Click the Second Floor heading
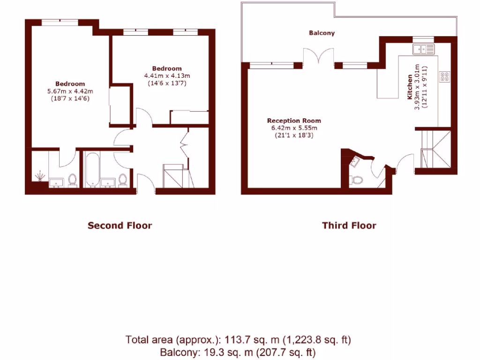point(120,225)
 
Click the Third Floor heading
point(349,225)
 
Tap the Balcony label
point(322,33)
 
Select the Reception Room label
point(294,121)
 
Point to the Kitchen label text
point(410,87)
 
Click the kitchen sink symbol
point(424,48)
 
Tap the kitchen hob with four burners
point(444,77)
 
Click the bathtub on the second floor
point(92,170)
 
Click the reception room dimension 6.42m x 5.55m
point(294,128)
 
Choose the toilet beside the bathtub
point(123,179)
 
